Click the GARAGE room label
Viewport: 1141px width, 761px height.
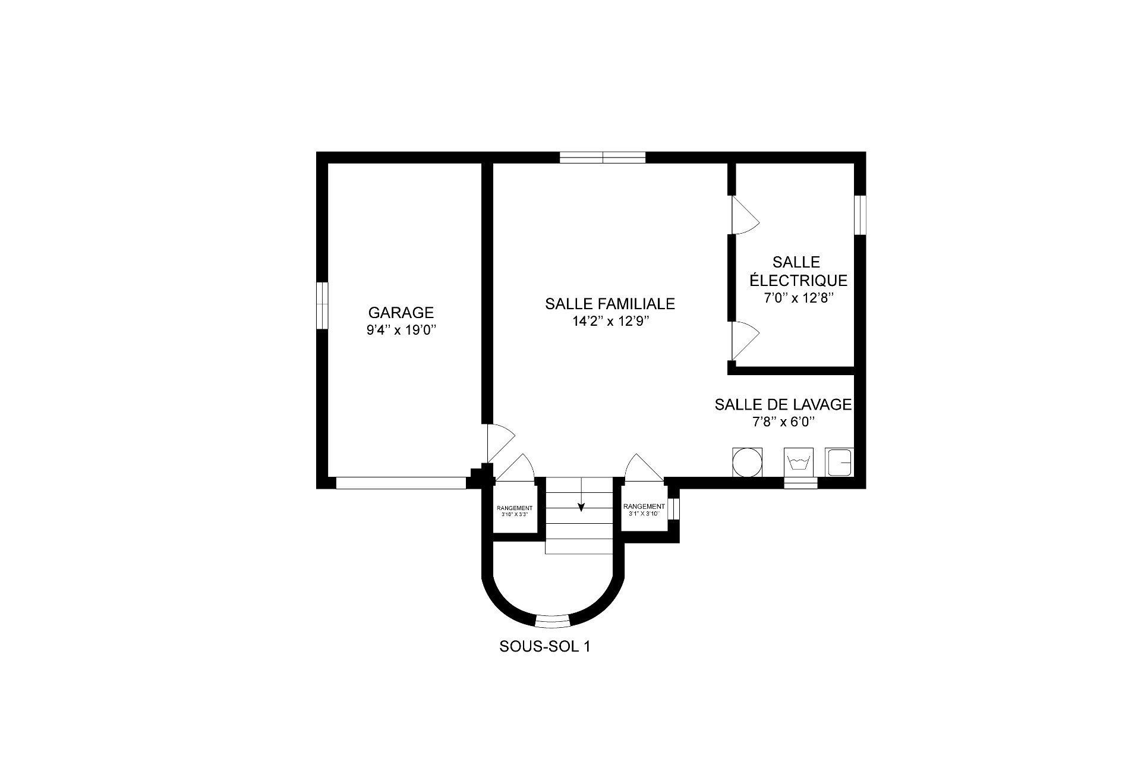(401, 312)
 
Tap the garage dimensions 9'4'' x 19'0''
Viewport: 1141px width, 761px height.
(402, 330)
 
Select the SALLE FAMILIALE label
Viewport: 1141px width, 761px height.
(610, 304)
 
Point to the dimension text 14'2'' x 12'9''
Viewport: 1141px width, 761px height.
(610, 322)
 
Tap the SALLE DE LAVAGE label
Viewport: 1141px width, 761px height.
(783, 405)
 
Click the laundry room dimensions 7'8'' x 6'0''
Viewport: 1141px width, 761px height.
(783, 422)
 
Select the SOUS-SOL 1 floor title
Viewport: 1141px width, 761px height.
(545, 647)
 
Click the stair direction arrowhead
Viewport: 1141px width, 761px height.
(581, 507)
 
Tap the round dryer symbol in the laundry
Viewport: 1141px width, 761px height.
(747, 462)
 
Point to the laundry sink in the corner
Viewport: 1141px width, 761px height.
(839, 462)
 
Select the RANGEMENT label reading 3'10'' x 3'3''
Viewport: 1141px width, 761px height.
(514, 511)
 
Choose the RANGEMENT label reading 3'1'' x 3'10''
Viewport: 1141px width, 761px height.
(644, 510)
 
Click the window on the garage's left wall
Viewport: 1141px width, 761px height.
(322, 305)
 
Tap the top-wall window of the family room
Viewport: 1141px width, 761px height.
(603, 158)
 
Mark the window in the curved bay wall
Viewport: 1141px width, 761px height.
(553, 621)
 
